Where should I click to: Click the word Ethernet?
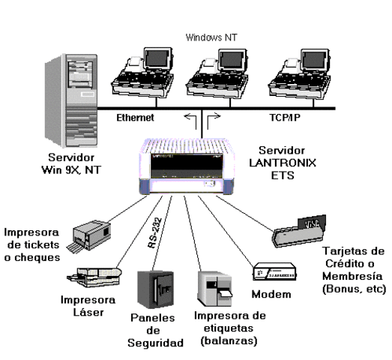tap(137, 118)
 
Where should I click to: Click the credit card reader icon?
tap(304, 231)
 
